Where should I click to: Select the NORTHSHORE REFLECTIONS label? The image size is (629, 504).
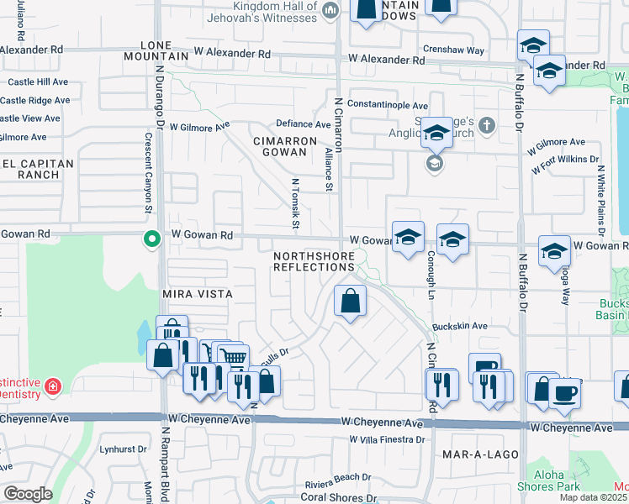(314, 260)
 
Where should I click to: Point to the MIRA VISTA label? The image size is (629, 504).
(197, 295)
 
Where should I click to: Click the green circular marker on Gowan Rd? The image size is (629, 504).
(151, 239)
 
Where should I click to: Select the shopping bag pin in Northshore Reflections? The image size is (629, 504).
(350, 301)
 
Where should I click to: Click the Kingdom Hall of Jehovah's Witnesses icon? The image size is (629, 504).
(330, 11)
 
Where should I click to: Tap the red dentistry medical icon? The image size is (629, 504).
(53, 386)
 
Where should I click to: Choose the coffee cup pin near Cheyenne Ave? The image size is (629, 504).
(565, 392)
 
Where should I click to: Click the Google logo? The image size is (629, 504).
(28, 494)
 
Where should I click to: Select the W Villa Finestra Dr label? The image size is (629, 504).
(388, 439)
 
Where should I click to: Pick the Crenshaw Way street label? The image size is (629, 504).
(454, 50)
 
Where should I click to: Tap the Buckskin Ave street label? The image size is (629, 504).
(460, 326)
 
